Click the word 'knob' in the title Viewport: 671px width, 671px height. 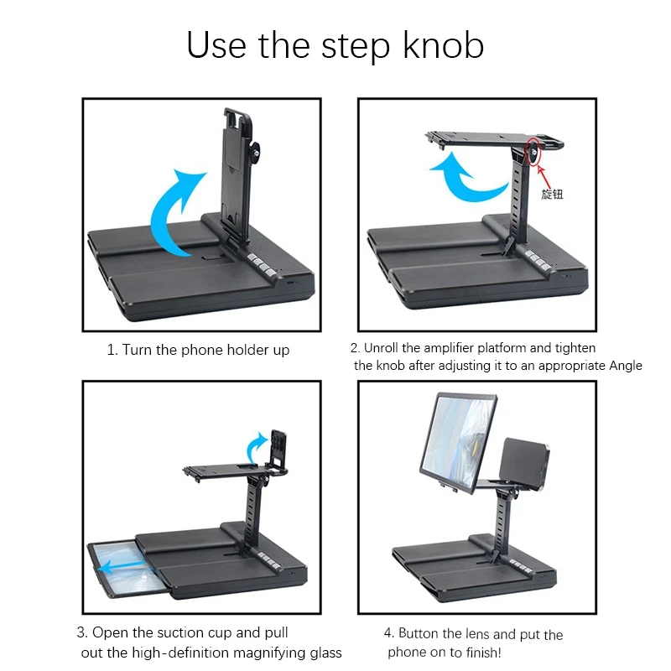(x=444, y=45)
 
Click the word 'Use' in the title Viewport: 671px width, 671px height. (x=216, y=46)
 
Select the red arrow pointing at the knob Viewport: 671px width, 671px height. (x=544, y=176)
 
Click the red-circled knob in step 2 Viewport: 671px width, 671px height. (x=533, y=153)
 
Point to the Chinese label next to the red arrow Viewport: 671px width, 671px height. (x=552, y=195)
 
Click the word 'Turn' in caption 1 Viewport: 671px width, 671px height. (x=137, y=350)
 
